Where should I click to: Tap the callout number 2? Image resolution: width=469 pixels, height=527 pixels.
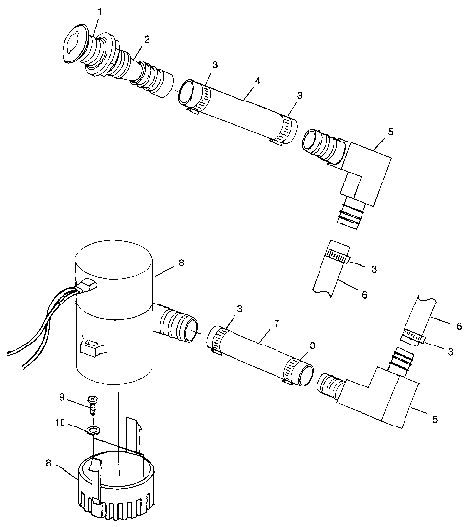point(147,39)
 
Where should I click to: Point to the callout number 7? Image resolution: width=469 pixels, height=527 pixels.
point(277,322)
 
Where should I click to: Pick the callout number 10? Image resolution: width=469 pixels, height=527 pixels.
point(61,425)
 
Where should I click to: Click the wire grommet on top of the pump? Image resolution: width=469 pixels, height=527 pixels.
point(85,286)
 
